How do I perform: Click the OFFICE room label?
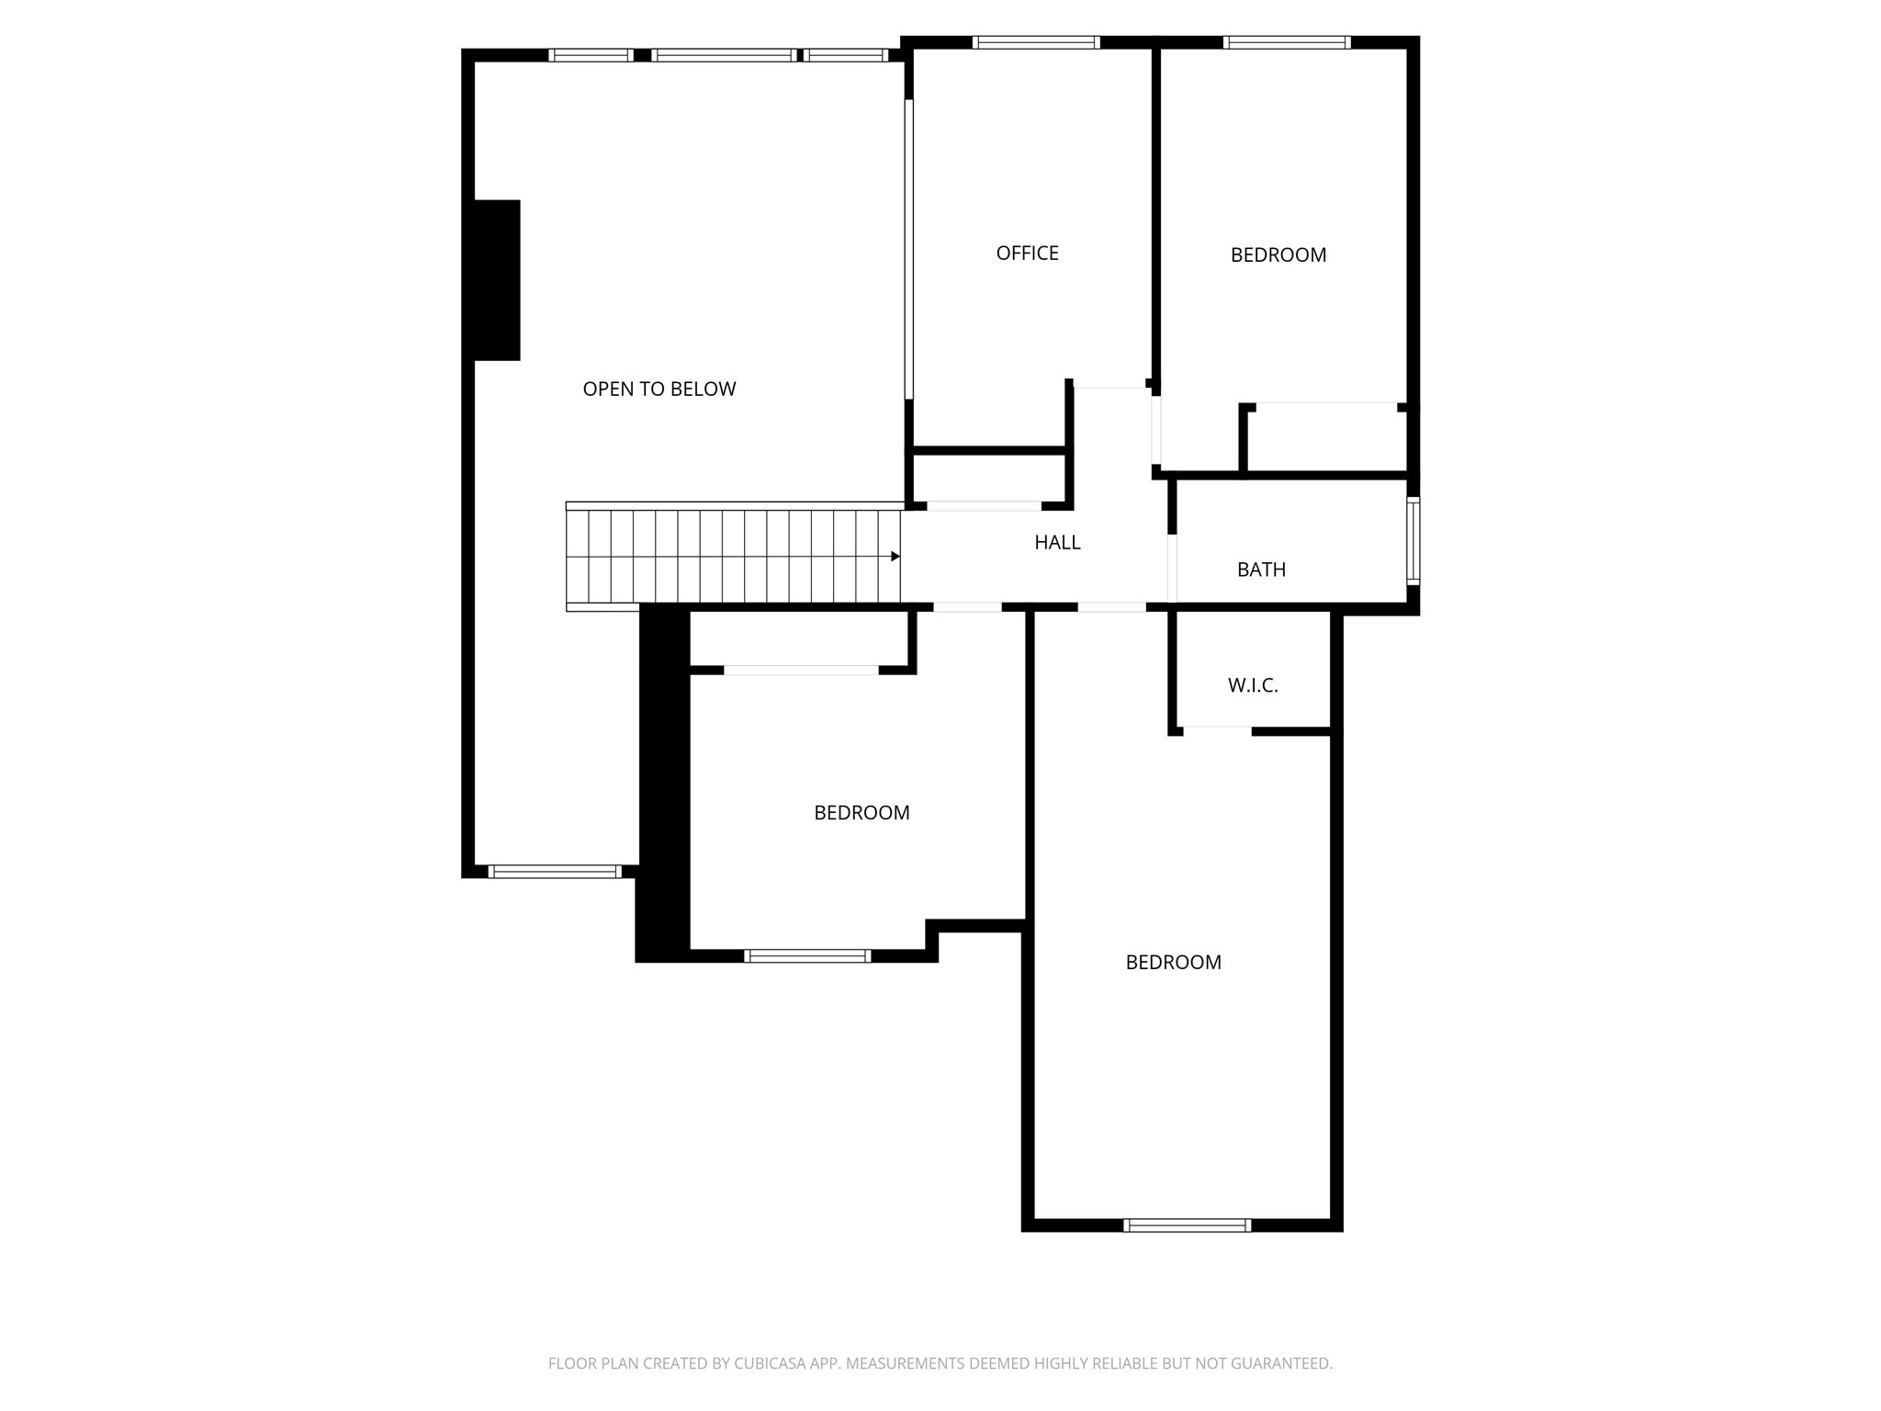click(x=1027, y=253)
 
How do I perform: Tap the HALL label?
click(x=1057, y=542)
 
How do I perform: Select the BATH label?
click(x=1261, y=570)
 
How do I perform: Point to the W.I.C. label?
click(x=1253, y=685)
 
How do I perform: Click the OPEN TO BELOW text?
click(x=659, y=389)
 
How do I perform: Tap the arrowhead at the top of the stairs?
click(x=895, y=556)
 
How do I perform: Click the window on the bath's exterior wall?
click(x=1413, y=541)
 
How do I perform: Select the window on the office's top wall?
click(x=1036, y=42)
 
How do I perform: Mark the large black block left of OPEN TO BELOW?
click(x=497, y=280)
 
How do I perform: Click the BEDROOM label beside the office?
click(x=1278, y=254)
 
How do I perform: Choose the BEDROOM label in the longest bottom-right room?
click(x=1173, y=962)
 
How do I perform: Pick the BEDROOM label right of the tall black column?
click(x=862, y=812)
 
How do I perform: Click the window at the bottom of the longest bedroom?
click(x=1187, y=1225)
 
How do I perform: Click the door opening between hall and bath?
click(x=1172, y=569)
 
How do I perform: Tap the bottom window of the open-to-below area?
click(x=555, y=871)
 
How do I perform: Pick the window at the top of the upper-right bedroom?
click(x=1287, y=42)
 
